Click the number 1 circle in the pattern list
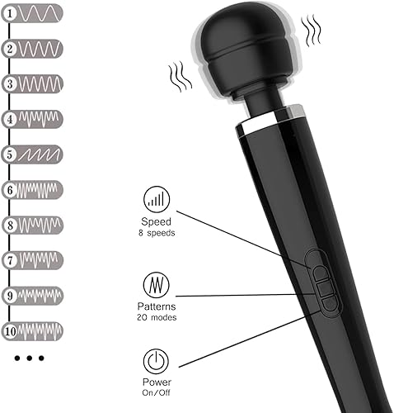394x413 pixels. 11,12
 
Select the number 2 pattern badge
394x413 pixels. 11,48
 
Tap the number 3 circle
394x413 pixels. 11,83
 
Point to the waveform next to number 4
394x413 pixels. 40,118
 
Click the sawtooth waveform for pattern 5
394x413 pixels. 40,154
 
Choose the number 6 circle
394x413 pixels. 11,189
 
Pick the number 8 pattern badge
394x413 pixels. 11,225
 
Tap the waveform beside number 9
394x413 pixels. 40,295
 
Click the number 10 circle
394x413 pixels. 11,330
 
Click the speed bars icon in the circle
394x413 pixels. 154,199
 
